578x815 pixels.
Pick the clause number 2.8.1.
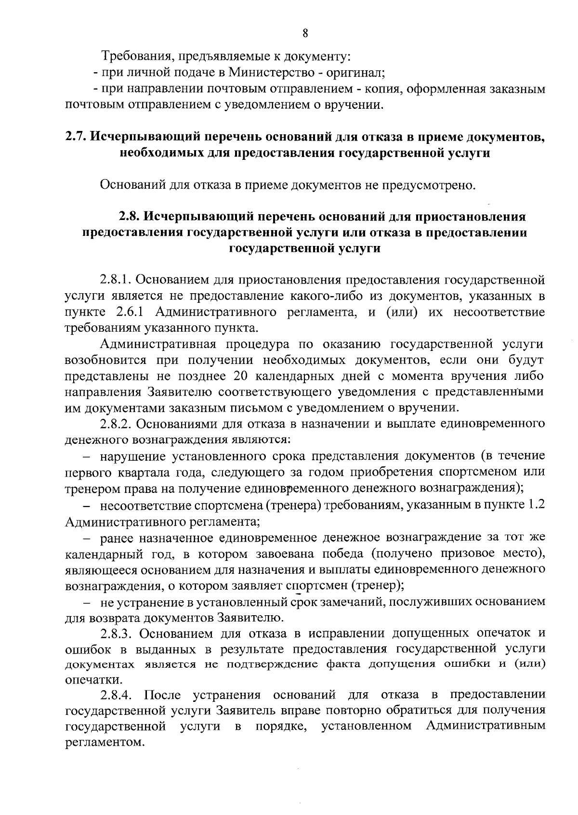coord(117,280)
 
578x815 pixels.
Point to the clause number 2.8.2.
coord(117,424)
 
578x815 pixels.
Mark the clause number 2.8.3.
coord(117,632)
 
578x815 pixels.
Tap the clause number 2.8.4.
coord(117,695)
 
